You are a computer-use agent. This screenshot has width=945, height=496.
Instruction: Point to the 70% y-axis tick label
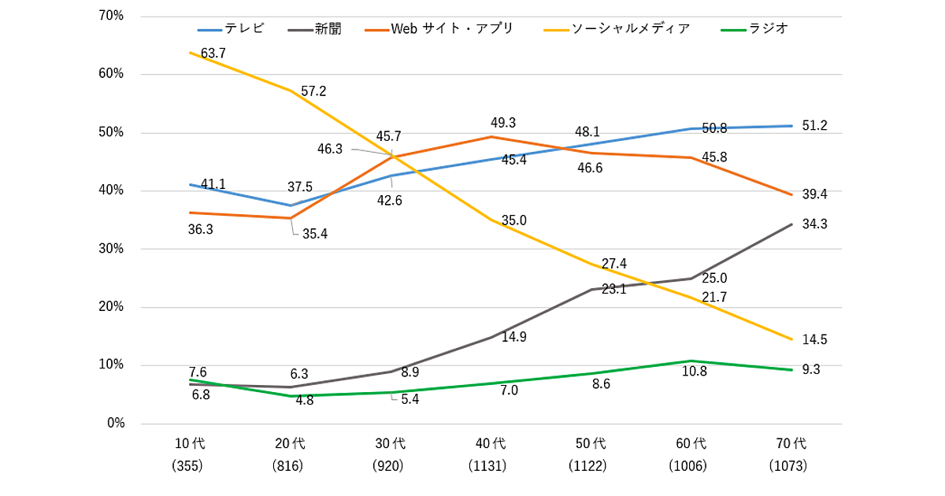tap(109, 16)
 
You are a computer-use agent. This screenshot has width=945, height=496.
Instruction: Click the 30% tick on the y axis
tap(109, 249)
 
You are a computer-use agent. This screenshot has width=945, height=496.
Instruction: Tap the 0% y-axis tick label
tap(115, 424)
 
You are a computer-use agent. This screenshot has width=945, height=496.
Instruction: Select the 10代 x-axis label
tap(189, 443)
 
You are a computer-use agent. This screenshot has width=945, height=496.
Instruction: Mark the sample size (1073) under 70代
tap(790, 466)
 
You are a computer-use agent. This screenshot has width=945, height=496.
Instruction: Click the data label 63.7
tap(213, 54)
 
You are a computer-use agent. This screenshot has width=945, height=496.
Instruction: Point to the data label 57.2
tap(313, 91)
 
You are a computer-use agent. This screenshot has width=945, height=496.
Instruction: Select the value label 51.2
tap(814, 126)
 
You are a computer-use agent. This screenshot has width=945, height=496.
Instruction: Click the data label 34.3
tap(814, 224)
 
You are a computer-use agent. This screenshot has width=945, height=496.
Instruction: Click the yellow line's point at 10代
tap(190, 53)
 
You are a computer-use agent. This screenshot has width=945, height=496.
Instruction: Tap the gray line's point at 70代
tap(791, 224)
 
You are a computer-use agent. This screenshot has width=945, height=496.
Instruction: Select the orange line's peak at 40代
tap(491, 137)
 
